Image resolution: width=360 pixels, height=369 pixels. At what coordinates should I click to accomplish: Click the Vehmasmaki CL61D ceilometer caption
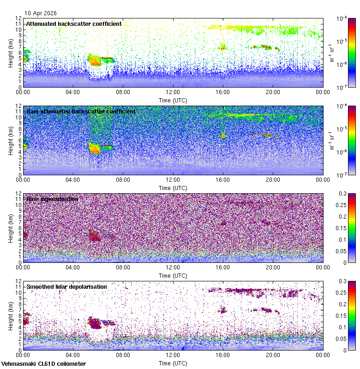(x=43, y=364)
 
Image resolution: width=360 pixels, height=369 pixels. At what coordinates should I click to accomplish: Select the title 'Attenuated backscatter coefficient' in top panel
(x=74, y=24)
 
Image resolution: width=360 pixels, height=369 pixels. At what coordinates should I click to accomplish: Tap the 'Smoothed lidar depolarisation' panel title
(x=66, y=286)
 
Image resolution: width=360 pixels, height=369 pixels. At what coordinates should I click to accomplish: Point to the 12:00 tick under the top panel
(x=173, y=92)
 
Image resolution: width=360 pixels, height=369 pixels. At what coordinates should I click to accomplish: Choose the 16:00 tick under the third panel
(x=223, y=267)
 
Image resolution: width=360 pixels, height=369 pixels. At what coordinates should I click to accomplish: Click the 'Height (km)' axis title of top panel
(x=10, y=53)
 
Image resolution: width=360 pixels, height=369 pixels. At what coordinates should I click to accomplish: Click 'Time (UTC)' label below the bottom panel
(x=173, y=363)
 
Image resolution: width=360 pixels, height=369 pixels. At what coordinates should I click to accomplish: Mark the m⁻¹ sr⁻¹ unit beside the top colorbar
(x=331, y=53)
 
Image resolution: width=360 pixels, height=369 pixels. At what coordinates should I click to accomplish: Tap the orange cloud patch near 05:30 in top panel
(x=95, y=60)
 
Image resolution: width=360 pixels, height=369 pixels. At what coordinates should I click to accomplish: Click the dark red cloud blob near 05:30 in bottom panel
(x=95, y=322)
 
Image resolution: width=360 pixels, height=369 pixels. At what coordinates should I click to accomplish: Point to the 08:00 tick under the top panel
(x=123, y=92)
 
